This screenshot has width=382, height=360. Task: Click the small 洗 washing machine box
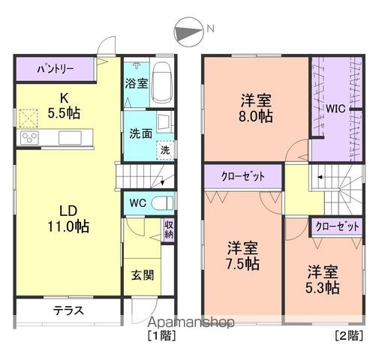[164, 149]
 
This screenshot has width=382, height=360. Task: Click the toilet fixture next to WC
[161, 202]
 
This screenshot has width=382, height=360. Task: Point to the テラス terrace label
[68, 310]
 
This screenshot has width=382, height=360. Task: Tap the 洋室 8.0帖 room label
[256, 109]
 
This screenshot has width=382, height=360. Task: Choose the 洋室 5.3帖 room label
[323, 278]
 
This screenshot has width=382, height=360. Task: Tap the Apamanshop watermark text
[191, 322]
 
